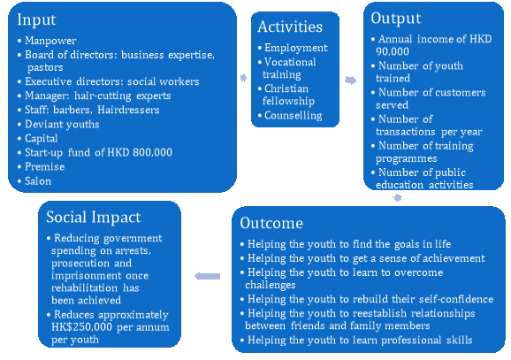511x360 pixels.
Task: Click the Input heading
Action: pos(36,19)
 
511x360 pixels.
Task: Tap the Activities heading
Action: pos(290,27)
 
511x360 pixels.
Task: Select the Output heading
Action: pos(396,19)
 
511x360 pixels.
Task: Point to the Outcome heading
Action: pos(271,223)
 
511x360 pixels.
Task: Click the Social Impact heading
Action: pos(94,218)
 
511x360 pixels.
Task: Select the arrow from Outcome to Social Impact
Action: pos(207,276)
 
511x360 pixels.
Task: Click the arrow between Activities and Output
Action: pos(350,80)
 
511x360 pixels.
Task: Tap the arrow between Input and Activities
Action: pos(243,78)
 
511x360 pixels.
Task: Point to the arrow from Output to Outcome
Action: pos(397,197)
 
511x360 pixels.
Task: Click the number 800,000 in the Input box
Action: pos(153,153)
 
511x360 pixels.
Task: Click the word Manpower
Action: pos(50,41)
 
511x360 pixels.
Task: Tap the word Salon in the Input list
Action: pos(38,181)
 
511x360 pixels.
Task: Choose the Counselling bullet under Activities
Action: pos(294,116)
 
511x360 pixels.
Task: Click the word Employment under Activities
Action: pos(296,48)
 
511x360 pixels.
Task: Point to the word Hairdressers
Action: pos(128,110)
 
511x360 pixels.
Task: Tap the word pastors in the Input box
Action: pos(45,68)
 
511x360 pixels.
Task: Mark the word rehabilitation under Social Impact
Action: pos(84,288)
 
